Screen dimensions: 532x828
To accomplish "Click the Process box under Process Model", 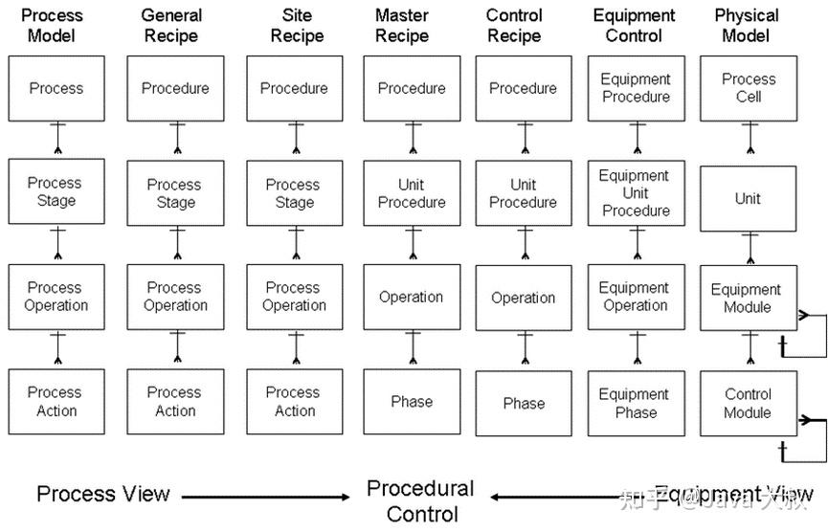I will tap(56, 88).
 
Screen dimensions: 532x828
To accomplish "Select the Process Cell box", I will tap(749, 88).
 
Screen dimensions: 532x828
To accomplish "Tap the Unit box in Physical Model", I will tap(749, 199).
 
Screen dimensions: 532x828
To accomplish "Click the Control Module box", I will tap(749, 403).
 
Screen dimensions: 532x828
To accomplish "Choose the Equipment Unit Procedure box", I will tap(636, 193).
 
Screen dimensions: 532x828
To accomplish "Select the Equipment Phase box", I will tap(636, 403).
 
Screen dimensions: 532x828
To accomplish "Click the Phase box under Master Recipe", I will tap(412, 403).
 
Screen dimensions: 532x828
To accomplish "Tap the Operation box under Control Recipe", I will tap(524, 299).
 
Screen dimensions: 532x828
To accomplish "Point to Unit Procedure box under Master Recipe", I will tap(412, 193).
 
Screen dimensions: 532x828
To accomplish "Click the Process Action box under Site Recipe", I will tap(294, 403).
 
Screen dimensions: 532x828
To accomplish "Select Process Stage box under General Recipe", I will tap(175, 193).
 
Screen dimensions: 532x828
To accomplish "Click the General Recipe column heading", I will tap(171, 26).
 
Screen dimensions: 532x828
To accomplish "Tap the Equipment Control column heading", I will tap(635, 26).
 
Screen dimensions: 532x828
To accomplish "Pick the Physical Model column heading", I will tap(747, 26).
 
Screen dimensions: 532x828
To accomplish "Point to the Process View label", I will tap(103, 495).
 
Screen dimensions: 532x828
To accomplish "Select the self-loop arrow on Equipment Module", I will tap(810, 331).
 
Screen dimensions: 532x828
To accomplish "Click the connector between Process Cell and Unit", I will tap(750, 144).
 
